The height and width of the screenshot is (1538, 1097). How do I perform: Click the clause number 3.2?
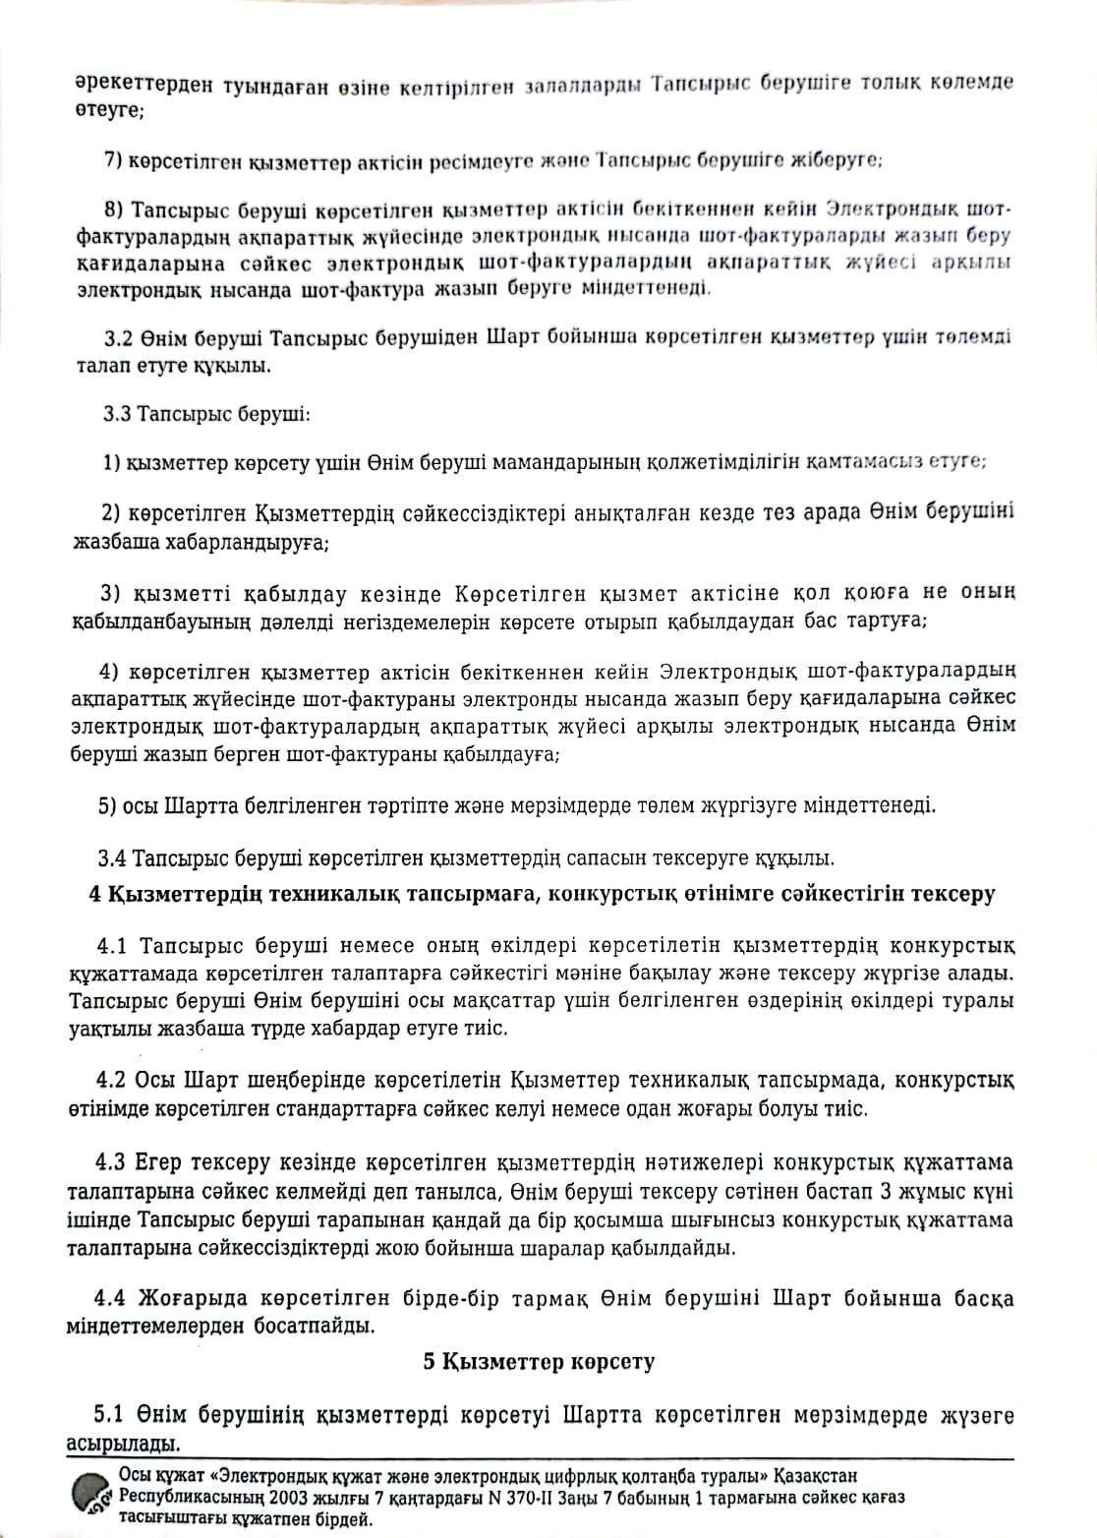119,337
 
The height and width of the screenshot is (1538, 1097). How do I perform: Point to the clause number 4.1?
114,946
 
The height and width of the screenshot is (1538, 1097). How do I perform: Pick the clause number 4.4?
113,1298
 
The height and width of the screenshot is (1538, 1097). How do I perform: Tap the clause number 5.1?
110,1416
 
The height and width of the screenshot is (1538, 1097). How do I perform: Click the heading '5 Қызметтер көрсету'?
539,1362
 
